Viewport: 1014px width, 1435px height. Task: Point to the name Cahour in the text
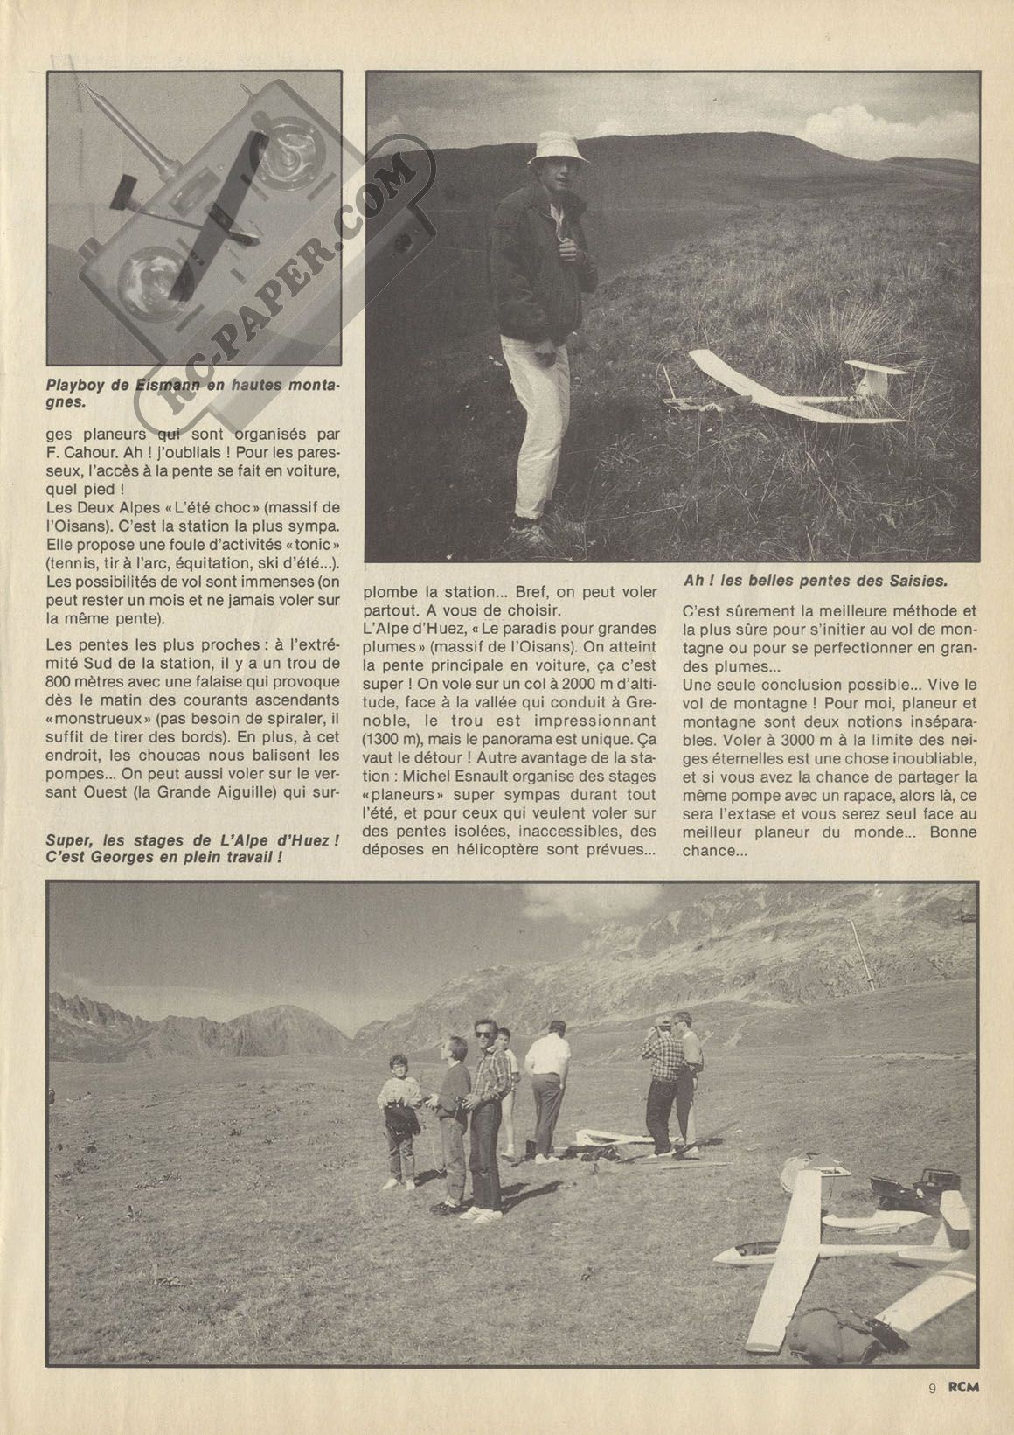pyautogui.click(x=103, y=454)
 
